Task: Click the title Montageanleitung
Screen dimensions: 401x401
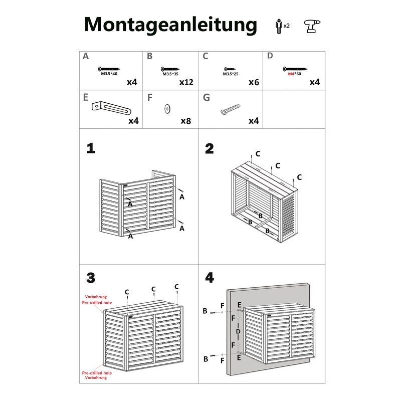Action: coord(170,24)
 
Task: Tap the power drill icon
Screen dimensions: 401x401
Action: coord(312,26)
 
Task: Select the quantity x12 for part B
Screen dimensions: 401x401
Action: coord(186,82)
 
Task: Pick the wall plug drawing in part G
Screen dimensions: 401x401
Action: coord(230,109)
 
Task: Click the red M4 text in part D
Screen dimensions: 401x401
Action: coord(291,74)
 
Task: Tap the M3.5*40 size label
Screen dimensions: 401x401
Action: coord(109,74)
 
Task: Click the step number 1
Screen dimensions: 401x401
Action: coord(90,148)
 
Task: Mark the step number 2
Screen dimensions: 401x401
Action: coord(210,148)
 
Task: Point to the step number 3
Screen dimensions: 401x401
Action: coord(90,278)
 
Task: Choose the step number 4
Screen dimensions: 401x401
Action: coord(210,278)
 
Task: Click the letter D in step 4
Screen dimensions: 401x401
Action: coord(239,331)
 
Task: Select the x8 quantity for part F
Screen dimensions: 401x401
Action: coord(186,121)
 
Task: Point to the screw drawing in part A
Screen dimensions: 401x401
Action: coord(110,68)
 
